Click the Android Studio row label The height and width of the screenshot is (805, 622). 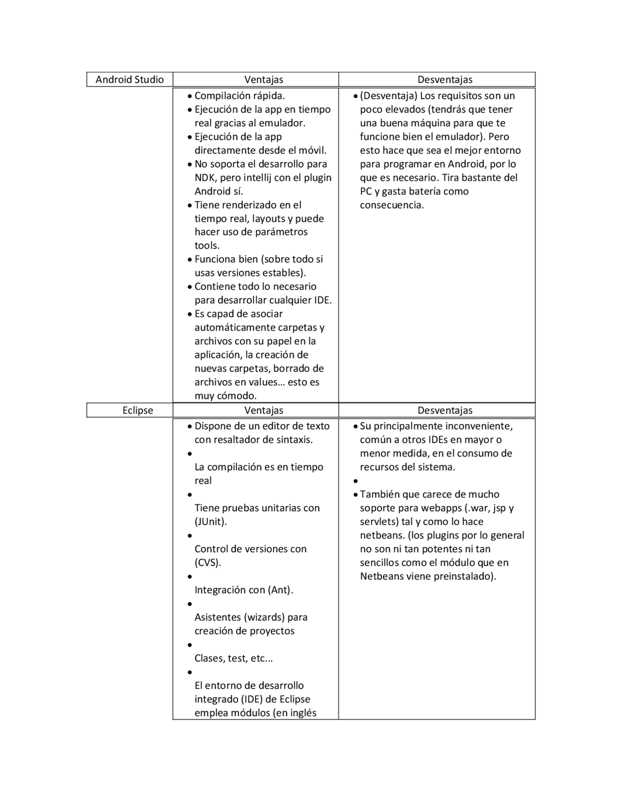(x=129, y=80)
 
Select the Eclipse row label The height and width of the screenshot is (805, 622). (x=138, y=410)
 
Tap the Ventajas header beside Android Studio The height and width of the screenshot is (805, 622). (x=263, y=80)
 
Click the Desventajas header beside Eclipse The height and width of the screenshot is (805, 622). (x=445, y=410)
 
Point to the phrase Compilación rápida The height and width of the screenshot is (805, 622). (x=240, y=96)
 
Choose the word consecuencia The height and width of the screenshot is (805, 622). (x=392, y=205)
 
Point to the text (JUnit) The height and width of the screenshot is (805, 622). (x=211, y=522)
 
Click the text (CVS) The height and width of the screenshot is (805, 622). (x=208, y=563)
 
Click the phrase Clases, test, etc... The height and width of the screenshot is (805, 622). (x=233, y=659)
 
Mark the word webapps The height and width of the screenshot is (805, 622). (x=442, y=508)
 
